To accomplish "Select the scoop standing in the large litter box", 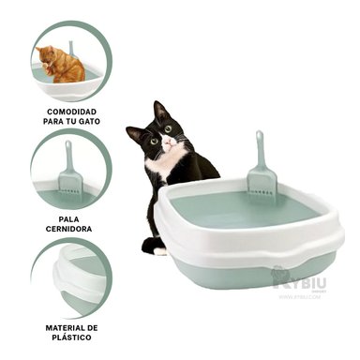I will tap(260, 178).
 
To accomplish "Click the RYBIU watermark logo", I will tap(298, 279).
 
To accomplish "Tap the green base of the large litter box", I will tap(253, 273).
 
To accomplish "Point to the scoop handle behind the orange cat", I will tap(71, 47).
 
